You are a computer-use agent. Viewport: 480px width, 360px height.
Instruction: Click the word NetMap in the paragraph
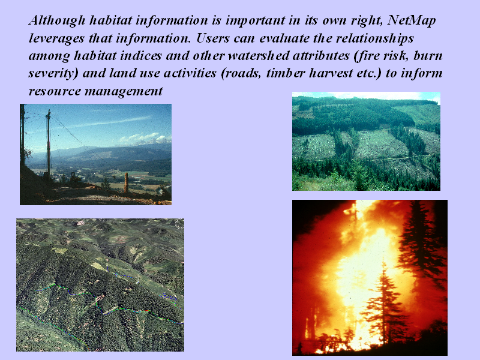pyautogui.click(x=411, y=20)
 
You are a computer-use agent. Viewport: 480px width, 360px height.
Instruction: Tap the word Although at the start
pyautogui.click(x=57, y=20)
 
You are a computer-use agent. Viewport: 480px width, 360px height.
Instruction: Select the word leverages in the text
pyautogui.click(x=56, y=38)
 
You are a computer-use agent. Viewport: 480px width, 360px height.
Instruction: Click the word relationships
pyautogui.click(x=375, y=38)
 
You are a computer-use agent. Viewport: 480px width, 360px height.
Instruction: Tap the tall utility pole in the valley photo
pyautogui.click(x=49, y=144)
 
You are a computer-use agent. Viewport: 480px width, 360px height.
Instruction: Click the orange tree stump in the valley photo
pyautogui.click(x=126, y=183)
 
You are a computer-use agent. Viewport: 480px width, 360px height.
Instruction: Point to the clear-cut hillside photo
pyautogui.click(x=366, y=141)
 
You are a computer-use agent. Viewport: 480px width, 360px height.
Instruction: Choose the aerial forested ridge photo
pyautogui.click(x=100, y=284)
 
